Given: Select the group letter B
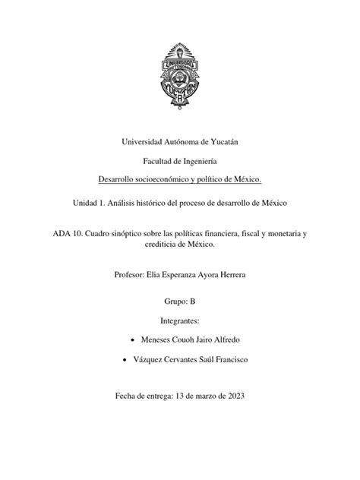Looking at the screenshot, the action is pos(193,302).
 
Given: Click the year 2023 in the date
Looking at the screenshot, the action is pos(232,395).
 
